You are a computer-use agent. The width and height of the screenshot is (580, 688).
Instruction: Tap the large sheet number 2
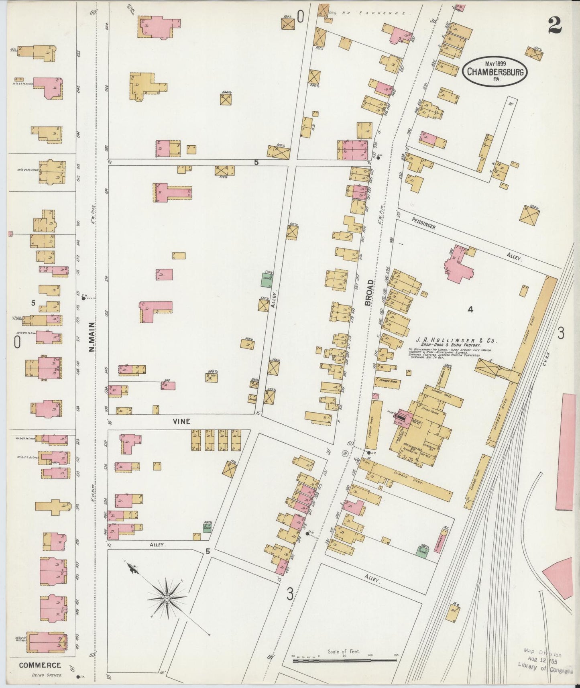554,26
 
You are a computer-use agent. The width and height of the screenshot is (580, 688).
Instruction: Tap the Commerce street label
40,665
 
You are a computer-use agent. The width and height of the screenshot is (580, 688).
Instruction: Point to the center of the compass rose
166,598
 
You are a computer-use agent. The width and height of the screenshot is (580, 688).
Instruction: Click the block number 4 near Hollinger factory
470,309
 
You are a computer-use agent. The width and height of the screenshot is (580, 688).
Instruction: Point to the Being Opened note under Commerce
47,675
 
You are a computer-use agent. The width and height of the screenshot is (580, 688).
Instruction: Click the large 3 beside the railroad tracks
561,333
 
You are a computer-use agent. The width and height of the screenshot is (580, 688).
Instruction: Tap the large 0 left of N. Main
17,342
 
